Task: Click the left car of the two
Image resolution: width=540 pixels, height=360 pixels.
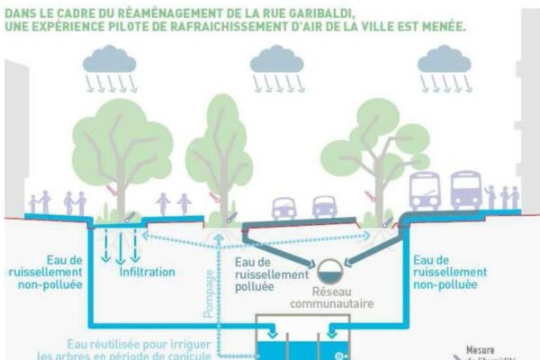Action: click(284, 207)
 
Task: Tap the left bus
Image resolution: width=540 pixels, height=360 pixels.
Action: click(425, 191)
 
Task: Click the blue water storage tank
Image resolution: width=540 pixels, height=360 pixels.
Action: click(300, 345)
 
